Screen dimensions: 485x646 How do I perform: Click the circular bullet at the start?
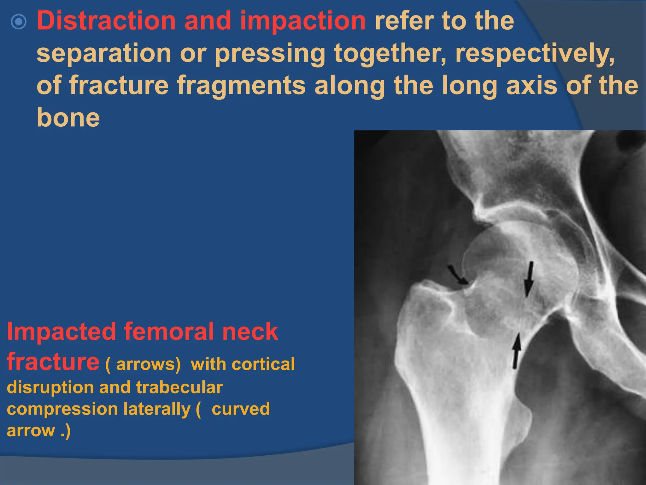pyautogui.click(x=19, y=21)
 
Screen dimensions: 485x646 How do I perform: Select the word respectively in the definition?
pyautogui.click(x=535, y=54)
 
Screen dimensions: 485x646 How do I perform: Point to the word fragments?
pyautogui.click(x=241, y=86)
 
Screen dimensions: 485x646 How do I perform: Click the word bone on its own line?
pyautogui.click(x=68, y=118)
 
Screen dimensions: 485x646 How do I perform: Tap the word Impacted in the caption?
pyautogui.click(x=62, y=332)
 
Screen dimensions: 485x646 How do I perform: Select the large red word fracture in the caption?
pyautogui.click(x=53, y=362)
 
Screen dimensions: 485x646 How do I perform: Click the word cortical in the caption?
pyautogui.click(x=263, y=364)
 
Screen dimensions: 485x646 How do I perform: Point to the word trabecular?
pyautogui.click(x=179, y=387)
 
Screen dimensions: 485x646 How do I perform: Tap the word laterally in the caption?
pyautogui.click(x=157, y=409)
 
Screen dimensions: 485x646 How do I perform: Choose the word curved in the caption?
pyautogui.click(x=241, y=409)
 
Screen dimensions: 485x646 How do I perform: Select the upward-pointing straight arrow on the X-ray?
pyautogui.click(x=516, y=350)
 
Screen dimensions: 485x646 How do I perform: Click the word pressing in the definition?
pyautogui.click(x=270, y=54)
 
